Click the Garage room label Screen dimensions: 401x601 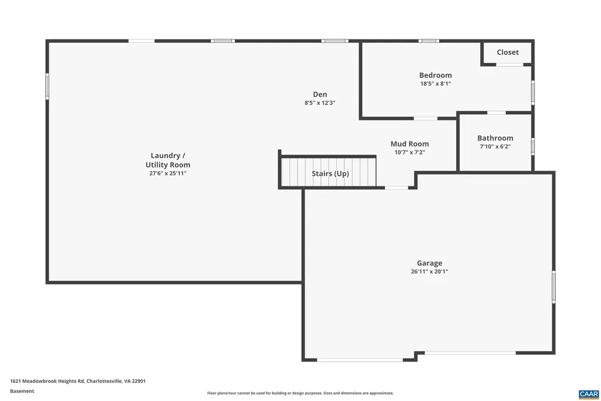[x=430, y=263]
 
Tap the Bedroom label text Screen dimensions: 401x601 [x=435, y=75]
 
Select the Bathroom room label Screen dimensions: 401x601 [x=495, y=138]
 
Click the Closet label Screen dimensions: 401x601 [x=508, y=52]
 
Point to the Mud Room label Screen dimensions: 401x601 [x=410, y=143]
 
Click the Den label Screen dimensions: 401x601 [x=320, y=94]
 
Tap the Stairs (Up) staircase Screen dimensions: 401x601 [x=329, y=173]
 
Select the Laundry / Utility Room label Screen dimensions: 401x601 [x=168, y=160]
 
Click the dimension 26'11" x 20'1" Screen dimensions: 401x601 [x=430, y=272]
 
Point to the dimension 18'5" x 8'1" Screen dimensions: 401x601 [x=435, y=83]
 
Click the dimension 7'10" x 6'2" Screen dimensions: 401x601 [x=495, y=146]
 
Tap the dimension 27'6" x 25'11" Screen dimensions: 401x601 [x=168, y=173]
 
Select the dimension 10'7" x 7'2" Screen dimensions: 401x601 [x=410, y=152]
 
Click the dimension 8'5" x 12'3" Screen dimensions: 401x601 [x=320, y=102]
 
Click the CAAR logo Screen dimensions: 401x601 [x=588, y=393]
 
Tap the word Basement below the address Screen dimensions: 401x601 [x=22, y=391]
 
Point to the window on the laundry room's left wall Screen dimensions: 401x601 [x=48, y=86]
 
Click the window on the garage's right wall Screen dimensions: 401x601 [x=553, y=287]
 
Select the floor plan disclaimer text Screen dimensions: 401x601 [x=300, y=393]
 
